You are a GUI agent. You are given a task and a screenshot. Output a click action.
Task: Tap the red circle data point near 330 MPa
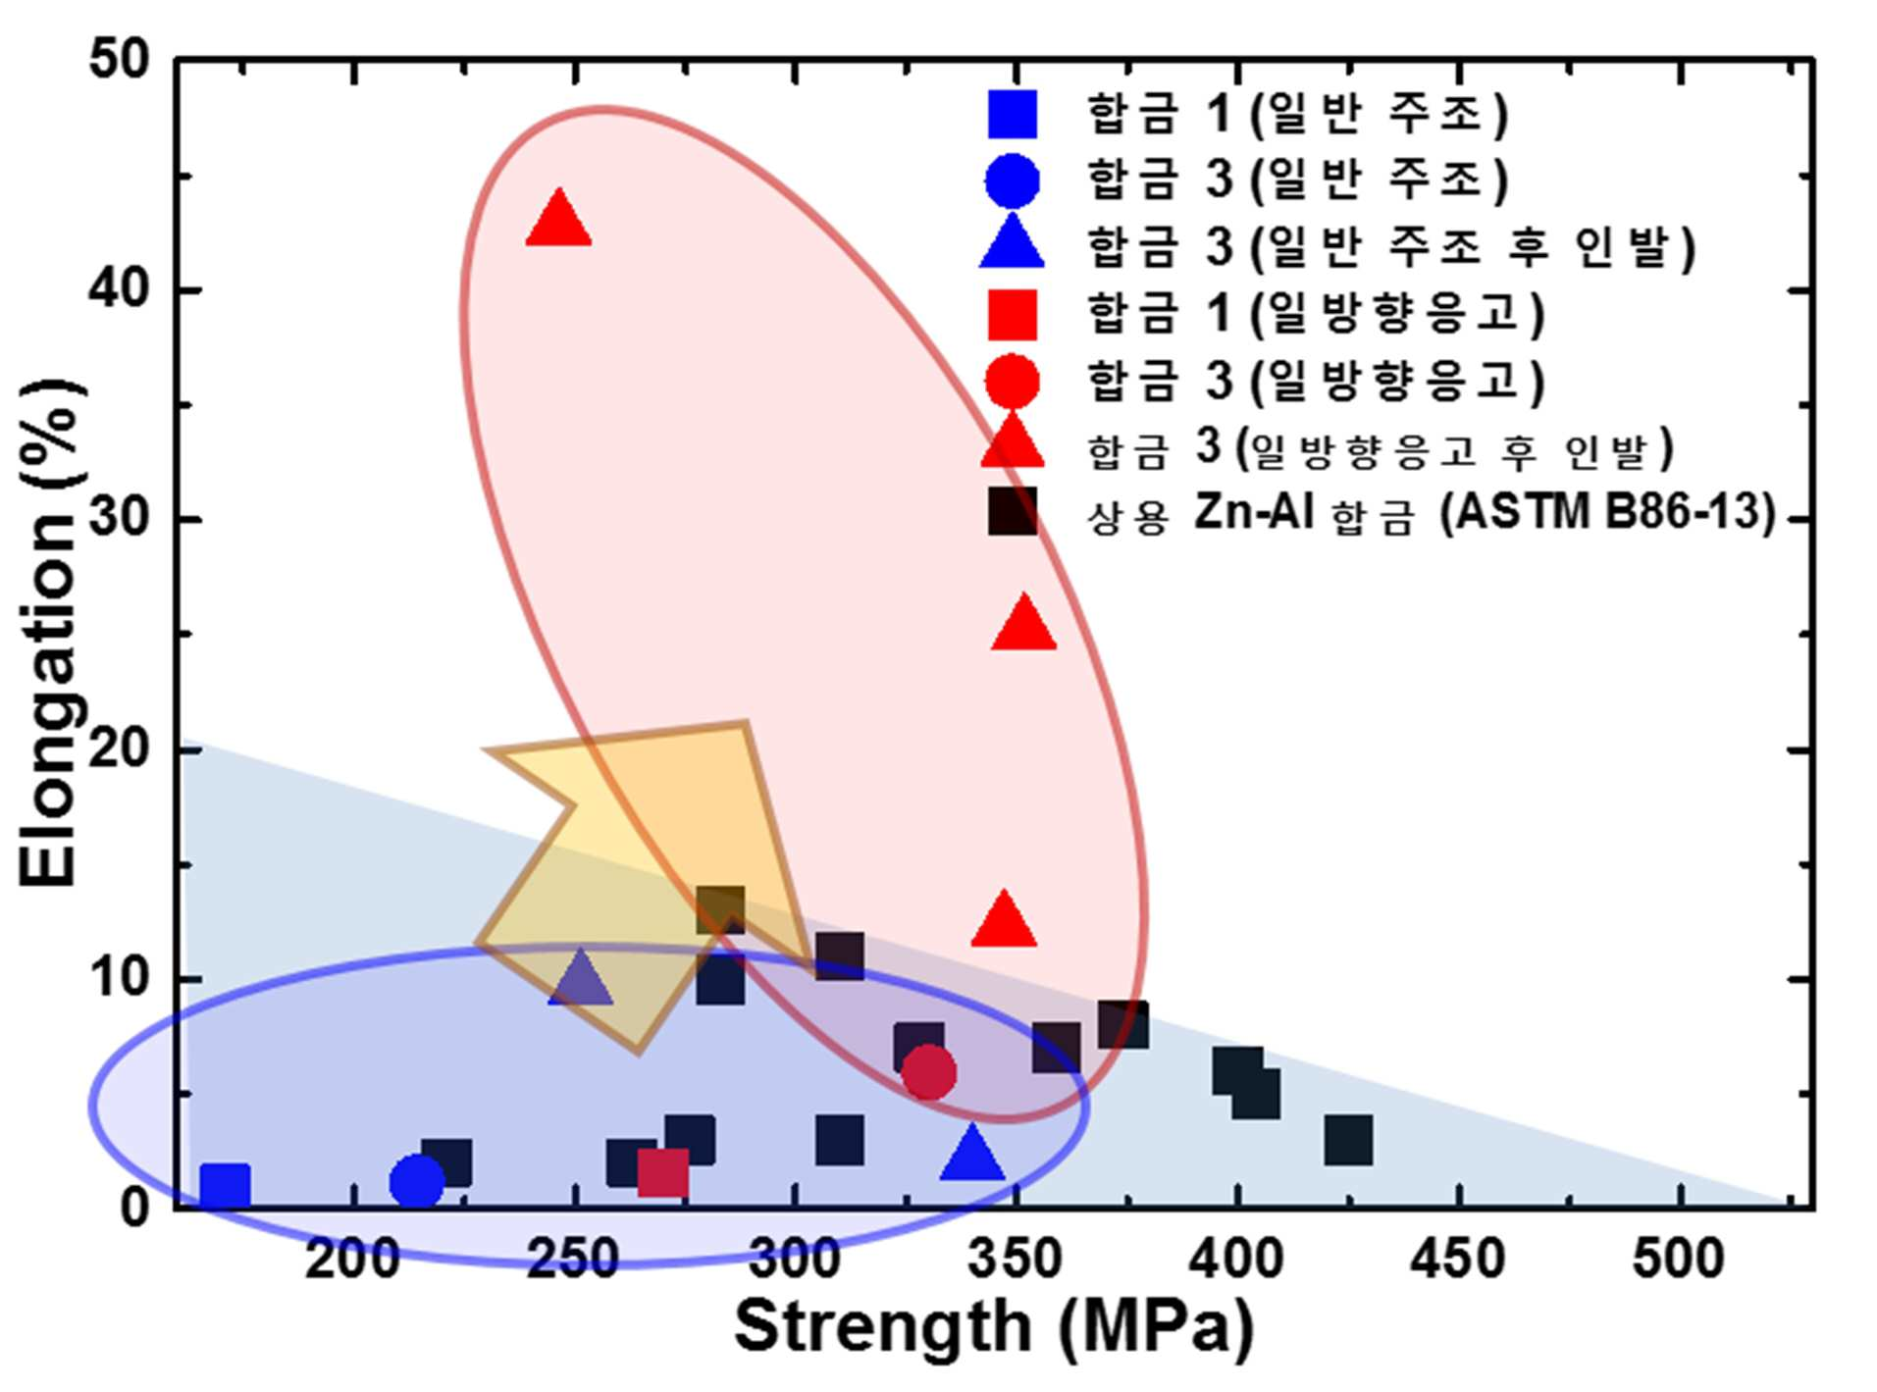pos(927,1072)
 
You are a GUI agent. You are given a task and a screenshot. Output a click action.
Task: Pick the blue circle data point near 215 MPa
pos(417,1181)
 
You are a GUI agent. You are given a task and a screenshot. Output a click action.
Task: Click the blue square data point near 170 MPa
pos(225,1185)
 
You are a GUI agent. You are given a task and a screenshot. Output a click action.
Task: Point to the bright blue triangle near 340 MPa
pos(971,1153)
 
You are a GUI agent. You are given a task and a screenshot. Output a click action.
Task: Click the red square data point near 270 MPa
pos(662,1172)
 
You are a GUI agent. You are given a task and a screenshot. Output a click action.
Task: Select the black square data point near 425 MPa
pos(1348,1139)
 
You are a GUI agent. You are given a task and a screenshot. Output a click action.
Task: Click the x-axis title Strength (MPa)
pos(994,1326)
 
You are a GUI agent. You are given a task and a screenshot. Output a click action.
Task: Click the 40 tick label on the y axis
pos(119,289)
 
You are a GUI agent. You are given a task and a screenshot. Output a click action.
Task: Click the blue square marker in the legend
pos(1013,114)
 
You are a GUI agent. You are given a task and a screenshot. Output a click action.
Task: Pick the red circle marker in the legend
pos(1013,381)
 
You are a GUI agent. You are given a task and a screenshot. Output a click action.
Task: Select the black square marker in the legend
pos(1013,511)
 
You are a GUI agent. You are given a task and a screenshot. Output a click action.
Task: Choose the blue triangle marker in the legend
pos(1013,242)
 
